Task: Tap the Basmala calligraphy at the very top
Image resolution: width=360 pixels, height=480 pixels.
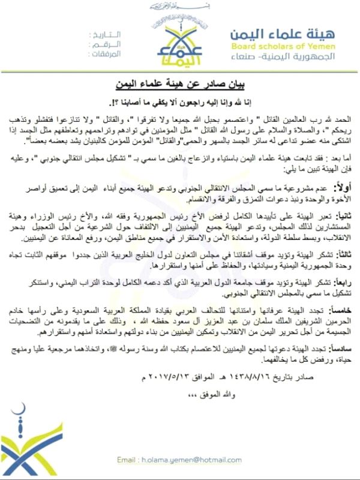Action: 180,7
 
